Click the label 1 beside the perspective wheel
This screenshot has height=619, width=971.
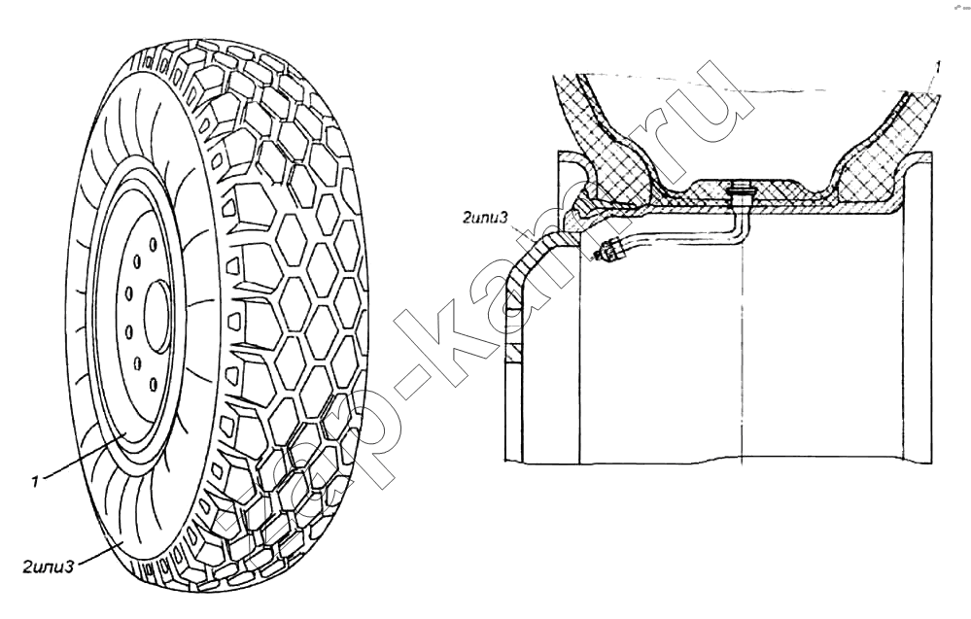coord(36,480)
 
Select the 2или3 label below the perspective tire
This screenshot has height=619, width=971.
coord(49,566)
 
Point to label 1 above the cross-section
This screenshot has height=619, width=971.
coord(938,68)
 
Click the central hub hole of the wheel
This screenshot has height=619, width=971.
coord(157,315)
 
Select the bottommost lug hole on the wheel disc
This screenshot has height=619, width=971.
coord(152,385)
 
